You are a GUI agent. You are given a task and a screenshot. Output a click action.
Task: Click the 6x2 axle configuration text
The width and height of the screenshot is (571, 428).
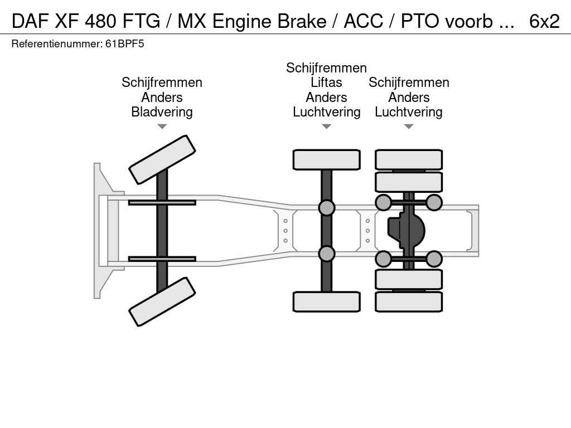(x=544, y=21)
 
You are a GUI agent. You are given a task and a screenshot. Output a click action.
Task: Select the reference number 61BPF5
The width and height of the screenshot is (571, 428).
(x=124, y=43)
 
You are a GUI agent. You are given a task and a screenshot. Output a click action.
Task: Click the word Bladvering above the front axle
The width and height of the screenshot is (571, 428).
(x=162, y=112)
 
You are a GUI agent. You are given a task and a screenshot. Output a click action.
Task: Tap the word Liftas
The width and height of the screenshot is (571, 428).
(x=326, y=82)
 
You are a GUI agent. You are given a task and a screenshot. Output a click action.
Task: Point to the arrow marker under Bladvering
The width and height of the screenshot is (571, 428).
(x=162, y=127)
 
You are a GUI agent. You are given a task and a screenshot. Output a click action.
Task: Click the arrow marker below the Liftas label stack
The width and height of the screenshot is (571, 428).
(x=326, y=127)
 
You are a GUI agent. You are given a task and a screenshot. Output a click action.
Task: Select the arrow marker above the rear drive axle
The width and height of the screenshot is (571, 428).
(x=409, y=127)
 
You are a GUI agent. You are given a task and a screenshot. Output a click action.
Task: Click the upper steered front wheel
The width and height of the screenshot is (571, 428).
(x=162, y=159)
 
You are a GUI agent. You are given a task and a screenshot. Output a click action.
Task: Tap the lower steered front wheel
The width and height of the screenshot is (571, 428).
(x=162, y=301)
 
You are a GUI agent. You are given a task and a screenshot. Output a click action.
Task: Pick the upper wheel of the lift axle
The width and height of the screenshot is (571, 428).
(x=326, y=159)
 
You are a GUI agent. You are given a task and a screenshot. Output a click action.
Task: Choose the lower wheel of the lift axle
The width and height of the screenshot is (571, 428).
(x=326, y=301)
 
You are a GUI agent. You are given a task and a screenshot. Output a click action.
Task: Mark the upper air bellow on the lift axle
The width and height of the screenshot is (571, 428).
(x=326, y=208)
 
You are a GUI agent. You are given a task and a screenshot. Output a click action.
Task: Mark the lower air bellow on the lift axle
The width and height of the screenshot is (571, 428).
(x=326, y=254)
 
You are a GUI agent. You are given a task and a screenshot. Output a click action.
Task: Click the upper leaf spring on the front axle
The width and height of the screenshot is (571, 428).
(x=162, y=202)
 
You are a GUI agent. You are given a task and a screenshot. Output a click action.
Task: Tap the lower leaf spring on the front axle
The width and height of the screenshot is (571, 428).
(x=162, y=259)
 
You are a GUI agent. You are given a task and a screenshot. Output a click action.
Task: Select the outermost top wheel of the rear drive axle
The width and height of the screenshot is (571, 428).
(x=409, y=159)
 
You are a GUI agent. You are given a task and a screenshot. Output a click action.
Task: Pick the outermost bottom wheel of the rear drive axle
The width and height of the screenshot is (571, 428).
(x=409, y=301)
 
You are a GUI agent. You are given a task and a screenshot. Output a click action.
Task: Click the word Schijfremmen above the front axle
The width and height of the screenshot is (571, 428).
(x=162, y=82)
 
